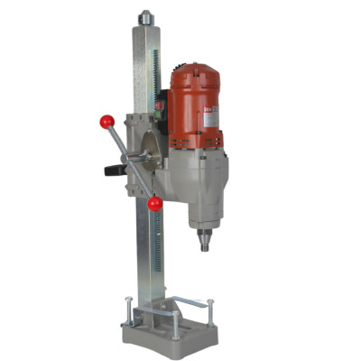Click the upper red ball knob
[107, 121]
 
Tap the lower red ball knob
[154, 204]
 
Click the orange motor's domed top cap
[196, 70]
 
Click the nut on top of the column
[144, 16]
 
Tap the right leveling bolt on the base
[211, 311]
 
